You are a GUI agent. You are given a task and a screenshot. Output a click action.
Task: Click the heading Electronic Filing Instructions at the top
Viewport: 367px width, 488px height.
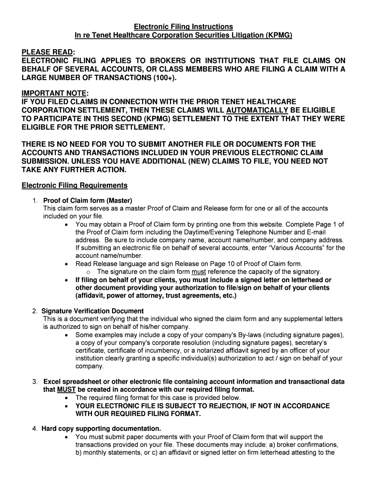tap(183, 26)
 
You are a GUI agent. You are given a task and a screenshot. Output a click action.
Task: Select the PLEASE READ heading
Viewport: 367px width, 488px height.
tap(48, 51)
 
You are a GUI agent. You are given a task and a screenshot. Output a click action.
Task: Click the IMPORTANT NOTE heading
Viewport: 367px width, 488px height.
tap(52, 93)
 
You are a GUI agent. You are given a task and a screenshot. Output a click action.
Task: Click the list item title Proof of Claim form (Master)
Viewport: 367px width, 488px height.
tap(87, 200)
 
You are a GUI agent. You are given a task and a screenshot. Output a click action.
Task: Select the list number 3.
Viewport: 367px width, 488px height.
tap(35, 382)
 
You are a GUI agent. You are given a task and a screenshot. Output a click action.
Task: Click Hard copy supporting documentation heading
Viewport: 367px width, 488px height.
tap(101, 428)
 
